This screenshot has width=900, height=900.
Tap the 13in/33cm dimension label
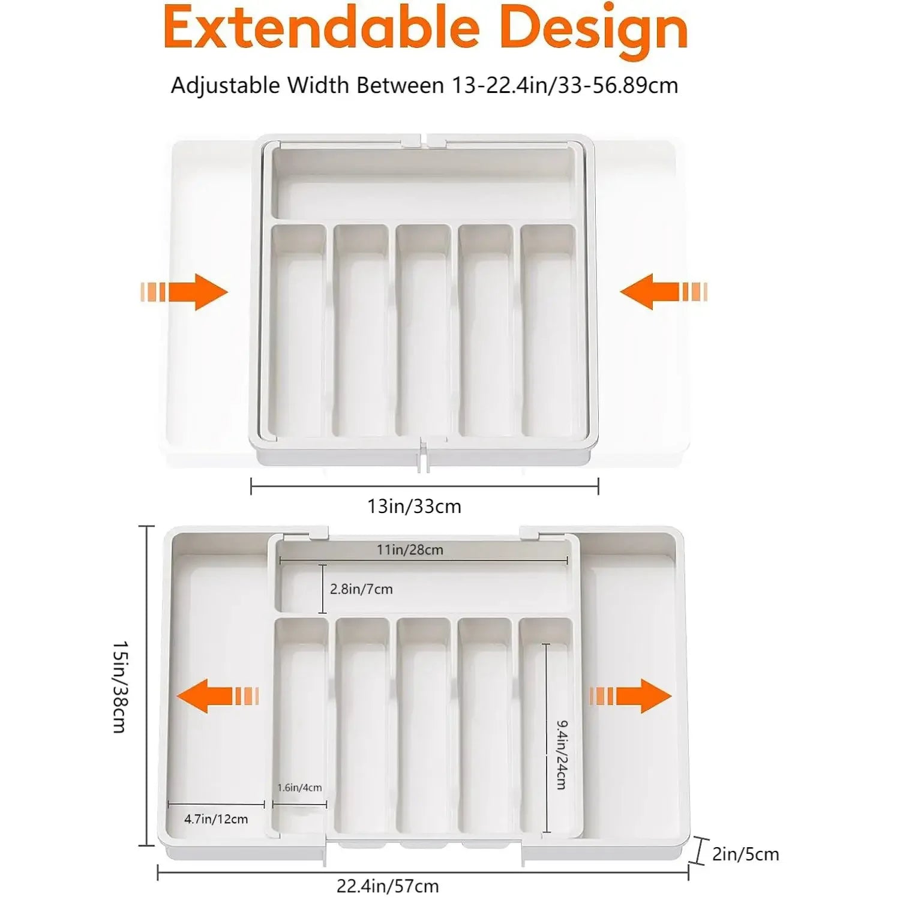pyautogui.click(x=414, y=506)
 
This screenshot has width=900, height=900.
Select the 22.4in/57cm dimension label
pyautogui.click(x=388, y=886)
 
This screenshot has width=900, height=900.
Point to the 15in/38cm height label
pyautogui.click(x=120, y=686)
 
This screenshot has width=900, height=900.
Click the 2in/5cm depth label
pyautogui.click(x=745, y=854)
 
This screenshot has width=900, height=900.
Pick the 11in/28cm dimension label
pyautogui.click(x=410, y=550)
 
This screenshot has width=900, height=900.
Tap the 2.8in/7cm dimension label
pyautogui.click(x=361, y=589)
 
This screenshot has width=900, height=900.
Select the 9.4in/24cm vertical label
pyautogui.click(x=561, y=755)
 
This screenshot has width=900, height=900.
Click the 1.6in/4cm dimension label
pyautogui.click(x=299, y=787)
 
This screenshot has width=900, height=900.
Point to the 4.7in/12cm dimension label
pyautogui.click(x=216, y=819)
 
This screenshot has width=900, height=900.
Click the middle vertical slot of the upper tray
pyautogui.click(x=424, y=330)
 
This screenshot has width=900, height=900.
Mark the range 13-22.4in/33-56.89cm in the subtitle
pyautogui.click(x=565, y=85)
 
